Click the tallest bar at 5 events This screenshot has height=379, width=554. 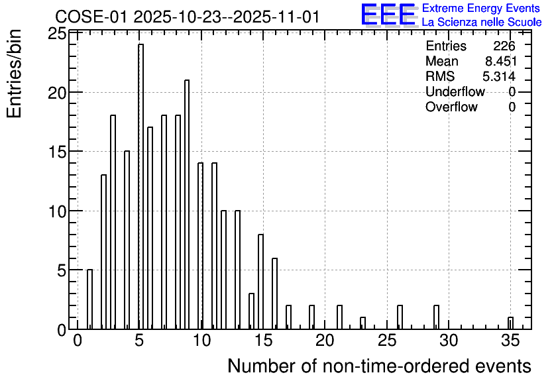click(140, 186)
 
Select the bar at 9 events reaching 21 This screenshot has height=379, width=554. click(187, 205)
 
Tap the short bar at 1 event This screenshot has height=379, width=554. click(89, 299)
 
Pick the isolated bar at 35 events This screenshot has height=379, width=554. click(510, 323)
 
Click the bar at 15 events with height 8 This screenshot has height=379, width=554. click(260, 282)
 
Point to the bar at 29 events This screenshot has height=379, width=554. click(436, 317)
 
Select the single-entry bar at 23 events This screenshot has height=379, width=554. click(362, 323)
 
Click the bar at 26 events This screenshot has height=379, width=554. click(400, 317)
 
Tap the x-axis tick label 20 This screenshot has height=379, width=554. click(325, 341)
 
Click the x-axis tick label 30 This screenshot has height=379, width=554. click(449, 341)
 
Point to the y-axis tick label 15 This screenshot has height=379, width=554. click(57, 152)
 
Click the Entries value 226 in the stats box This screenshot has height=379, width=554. click(504, 46)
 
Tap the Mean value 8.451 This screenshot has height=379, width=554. click(501, 61)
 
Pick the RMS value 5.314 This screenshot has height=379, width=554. click(499, 76)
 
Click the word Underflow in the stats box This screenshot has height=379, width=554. click(455, 91)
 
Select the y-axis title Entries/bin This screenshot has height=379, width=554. click(14, 74)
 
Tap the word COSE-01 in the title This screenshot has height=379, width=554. click(91, 17)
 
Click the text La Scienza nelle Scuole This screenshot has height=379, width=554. click(482, 22)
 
